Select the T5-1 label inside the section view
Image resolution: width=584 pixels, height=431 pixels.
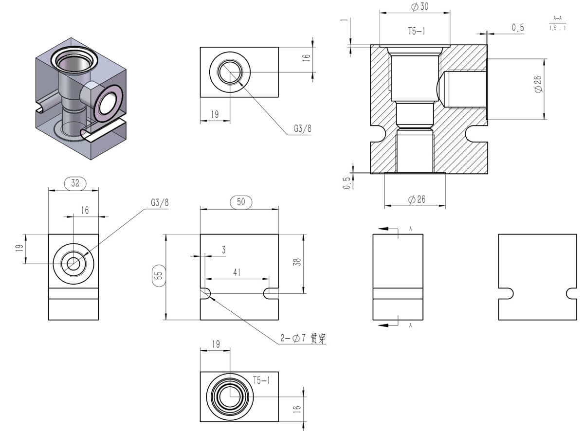click(x=417, y=31)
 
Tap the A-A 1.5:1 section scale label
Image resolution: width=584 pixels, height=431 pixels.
click(x=557, y=23)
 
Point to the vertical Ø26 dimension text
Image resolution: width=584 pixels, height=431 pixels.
click(x=538, y=85)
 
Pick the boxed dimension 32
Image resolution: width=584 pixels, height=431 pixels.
click(x=75, y=183)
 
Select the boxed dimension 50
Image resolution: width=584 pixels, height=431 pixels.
click(x=241, y=202)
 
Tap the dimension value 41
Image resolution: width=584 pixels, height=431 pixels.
click(x=237, y=273)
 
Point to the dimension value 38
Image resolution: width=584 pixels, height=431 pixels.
click(x=298, y=261)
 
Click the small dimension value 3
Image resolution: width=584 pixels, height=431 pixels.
click(x=223, y=250)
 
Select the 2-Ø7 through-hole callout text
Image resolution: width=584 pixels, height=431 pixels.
click(x=302, y=339)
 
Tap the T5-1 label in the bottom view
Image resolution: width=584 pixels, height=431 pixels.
click(x=262, y=380)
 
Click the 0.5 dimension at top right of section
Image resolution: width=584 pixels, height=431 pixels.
click(x=518, y=28)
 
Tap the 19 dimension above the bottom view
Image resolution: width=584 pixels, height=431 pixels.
click(x=216, y=344)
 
